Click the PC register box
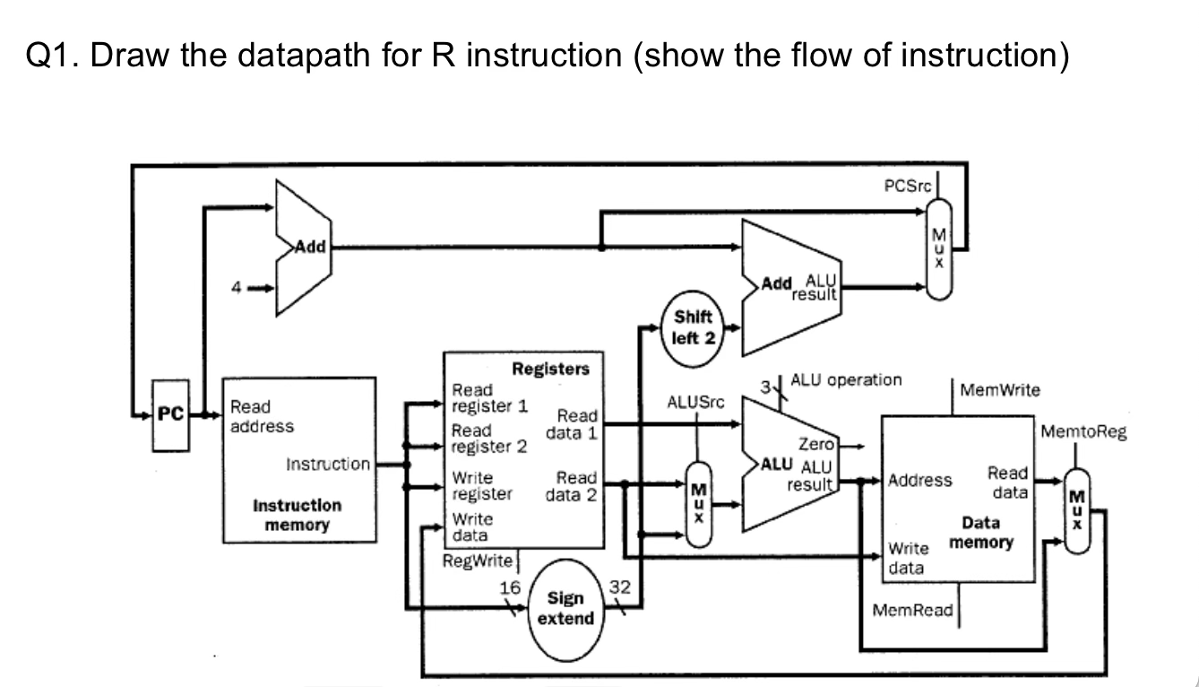[170, 415]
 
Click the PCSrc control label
[907, 187]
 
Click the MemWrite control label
[999, 390]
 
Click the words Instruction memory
[297, 515]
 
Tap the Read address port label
[262, 416]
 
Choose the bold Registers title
[550, 369]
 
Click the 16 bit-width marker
[510, 587]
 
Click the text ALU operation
[846, 379]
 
